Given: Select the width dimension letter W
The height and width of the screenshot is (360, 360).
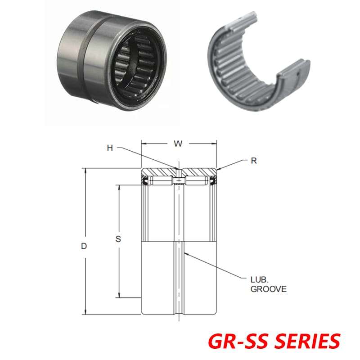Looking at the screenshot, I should point(179,144).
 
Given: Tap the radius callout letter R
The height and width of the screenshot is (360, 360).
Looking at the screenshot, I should point(254,161).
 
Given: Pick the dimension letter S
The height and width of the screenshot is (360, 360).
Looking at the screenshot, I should point(118,239).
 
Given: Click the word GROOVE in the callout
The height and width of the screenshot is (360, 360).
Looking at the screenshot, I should point(268,289).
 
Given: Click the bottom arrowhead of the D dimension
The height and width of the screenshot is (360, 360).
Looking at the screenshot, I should point(85,312).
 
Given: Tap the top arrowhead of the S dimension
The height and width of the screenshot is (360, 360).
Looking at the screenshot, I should point(119,187).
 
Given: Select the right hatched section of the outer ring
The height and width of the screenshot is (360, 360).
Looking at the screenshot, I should point(200,172).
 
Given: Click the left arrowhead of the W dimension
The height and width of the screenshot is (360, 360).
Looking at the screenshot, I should point(144,144).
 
